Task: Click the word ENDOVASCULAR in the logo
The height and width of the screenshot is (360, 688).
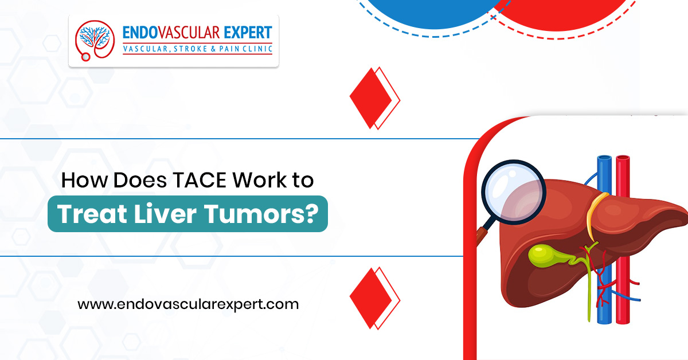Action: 171,33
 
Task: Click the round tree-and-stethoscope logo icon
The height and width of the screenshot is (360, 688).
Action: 95,40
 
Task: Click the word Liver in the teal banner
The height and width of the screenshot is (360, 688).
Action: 165,213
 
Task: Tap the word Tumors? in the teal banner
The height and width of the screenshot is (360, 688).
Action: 261,213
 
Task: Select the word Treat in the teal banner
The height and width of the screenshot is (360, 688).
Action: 92,213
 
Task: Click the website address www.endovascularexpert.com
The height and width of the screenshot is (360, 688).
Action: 188,304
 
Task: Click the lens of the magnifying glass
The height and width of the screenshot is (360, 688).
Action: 514,191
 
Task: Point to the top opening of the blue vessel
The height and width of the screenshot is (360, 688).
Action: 604,158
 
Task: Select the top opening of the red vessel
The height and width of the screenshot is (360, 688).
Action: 623,158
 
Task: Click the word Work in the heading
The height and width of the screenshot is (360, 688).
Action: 260,180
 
